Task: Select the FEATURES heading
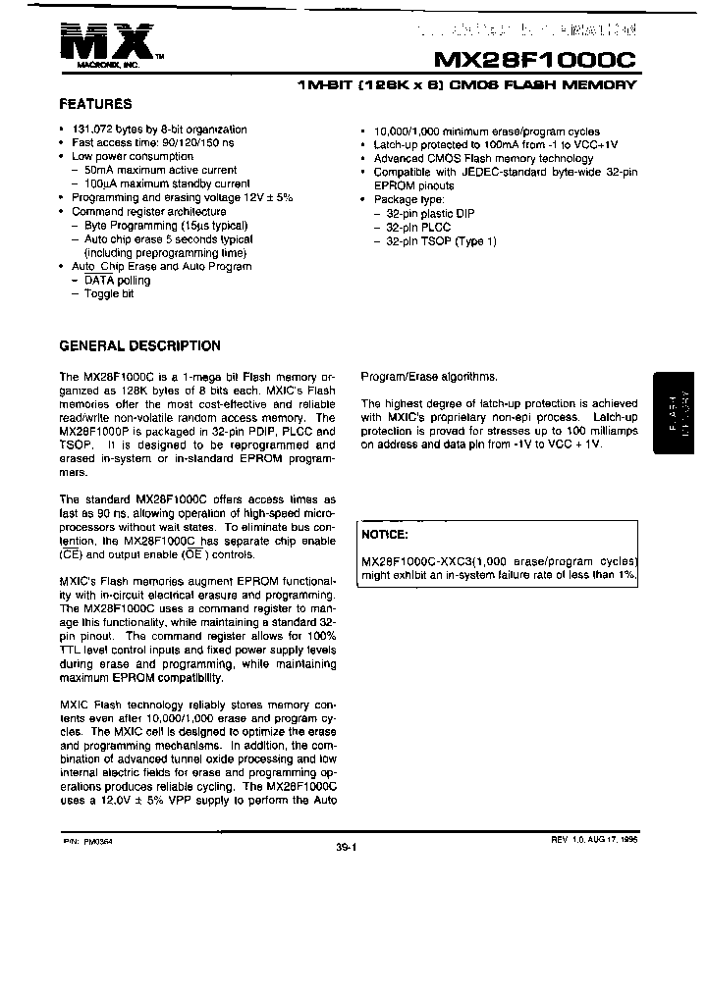point(95,103)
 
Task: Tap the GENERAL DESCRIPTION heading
point(139,345)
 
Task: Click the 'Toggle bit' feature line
point(109,293)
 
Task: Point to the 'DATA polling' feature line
point(117,280)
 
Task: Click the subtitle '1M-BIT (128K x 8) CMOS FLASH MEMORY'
point(466,85)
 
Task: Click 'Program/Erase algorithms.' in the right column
point(429,376)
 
